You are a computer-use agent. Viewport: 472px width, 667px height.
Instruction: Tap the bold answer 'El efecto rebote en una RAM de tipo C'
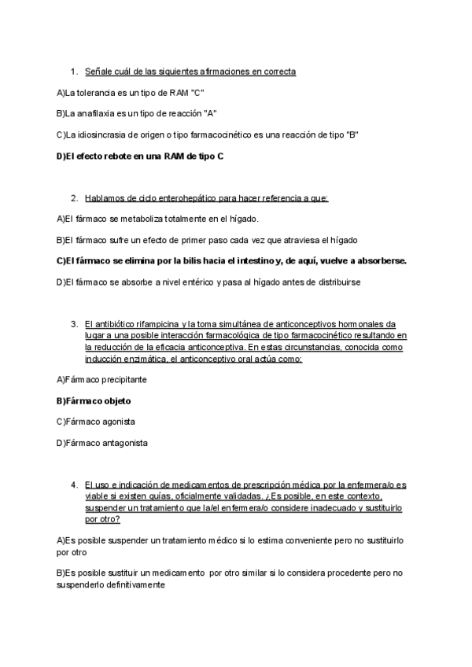pyautogui.click(x=140, y=156)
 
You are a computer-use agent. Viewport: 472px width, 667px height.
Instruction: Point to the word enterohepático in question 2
pyautogui.click(x=204, y=197)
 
